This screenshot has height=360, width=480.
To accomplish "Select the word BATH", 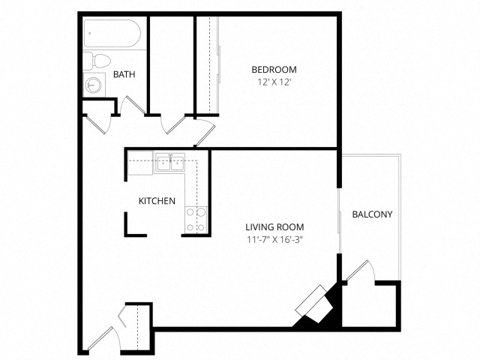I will [x=124, y=74].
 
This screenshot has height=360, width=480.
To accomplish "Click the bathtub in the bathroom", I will [x=113, y=33].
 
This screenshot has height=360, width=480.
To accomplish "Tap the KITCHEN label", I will [x=157, y=201].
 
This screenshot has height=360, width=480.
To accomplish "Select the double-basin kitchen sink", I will [x=170, y=162].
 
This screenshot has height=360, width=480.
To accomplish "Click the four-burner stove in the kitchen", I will [x=195, y=218].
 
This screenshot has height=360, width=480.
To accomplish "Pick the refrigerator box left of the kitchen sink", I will [x=140, y=162].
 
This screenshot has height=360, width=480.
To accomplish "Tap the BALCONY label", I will [x=372, y=214].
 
